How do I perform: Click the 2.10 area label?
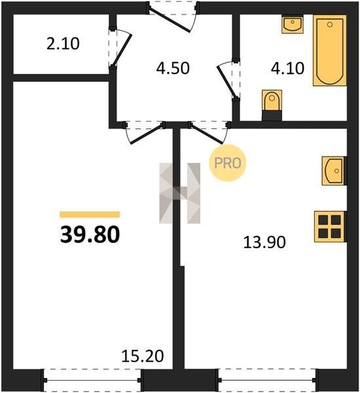[x=63, y=43]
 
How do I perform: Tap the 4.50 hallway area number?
[x=173, y=68]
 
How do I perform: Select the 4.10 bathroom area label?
[x=287, y=68]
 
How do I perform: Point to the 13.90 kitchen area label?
[x=264, y=242]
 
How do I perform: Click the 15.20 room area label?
[x=143, y=356]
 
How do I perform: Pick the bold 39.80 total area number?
[x=90, y=234]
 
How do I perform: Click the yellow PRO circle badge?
[x=228, y=163]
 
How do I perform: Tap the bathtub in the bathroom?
[x=330, y=50]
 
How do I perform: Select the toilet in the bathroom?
[x=272, y=105]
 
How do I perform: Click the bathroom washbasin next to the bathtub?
[x=293, y=24]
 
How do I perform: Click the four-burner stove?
[x=331, y=227]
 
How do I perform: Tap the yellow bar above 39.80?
[x=90, y=215]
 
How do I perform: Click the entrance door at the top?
[x=173, y=17]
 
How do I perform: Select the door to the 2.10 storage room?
[x=120, y=48]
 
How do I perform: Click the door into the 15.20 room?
[x=144, y=132]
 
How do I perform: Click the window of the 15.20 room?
[x=92, y=380]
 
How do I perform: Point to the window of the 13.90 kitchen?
[x=267, y=380]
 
